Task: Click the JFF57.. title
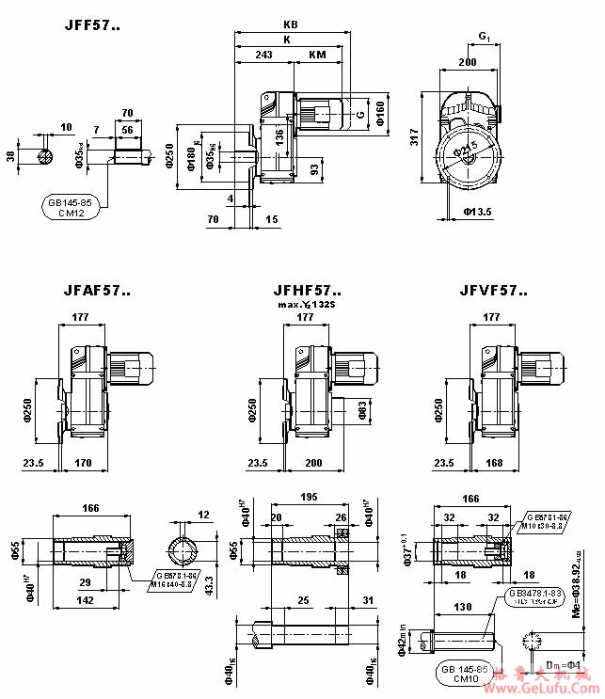tap(91, 25)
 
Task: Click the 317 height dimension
tap(415, 138)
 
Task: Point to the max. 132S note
tap(306, 306)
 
